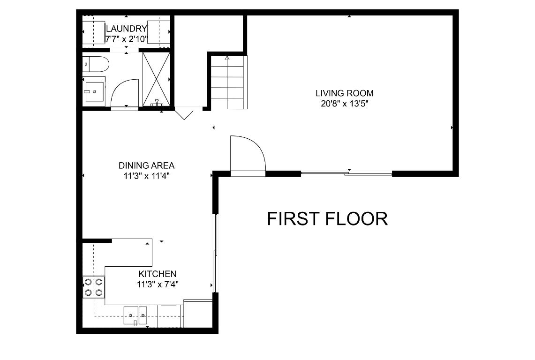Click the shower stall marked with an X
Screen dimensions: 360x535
point(156,78)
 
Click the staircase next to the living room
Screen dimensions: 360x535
point(227,82)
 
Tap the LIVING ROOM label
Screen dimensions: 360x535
point(345,93)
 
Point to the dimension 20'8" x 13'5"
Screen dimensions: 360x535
point(345,104)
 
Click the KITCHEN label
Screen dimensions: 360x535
point(157,274)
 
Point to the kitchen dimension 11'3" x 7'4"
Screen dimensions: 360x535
point(157,284)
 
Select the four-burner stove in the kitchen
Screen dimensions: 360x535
point(93,287)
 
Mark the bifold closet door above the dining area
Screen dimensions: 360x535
point(184,114)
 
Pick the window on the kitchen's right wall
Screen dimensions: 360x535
point(215,253)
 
